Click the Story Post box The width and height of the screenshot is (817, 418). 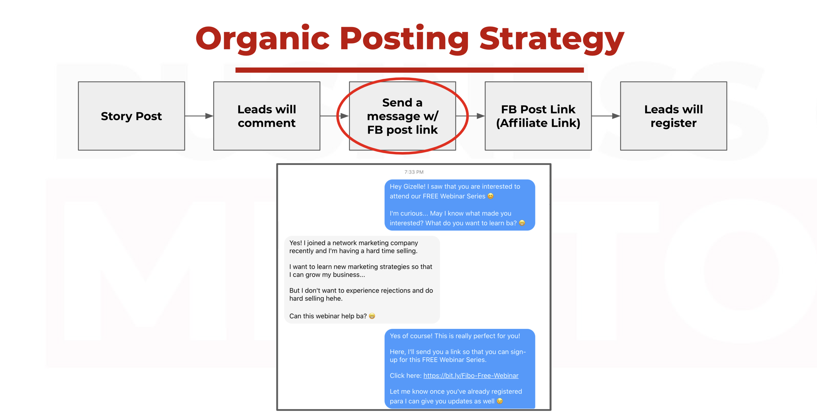(131, 116)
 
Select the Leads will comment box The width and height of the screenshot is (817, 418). (267, 116)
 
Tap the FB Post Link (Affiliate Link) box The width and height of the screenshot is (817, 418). (538, 116)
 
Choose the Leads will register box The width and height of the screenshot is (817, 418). (674, 116)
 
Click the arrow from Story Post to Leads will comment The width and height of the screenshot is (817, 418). (199, 116)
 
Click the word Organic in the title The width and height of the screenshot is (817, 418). (263, 39)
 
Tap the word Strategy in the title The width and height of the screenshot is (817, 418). (552, 39)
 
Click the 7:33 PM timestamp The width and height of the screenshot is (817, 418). (414, 172)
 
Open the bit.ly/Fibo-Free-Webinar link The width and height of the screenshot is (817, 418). (471, 375)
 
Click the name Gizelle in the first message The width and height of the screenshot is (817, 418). (414, 187)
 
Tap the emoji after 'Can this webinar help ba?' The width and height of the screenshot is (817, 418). (372, 316)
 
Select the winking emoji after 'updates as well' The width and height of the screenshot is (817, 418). (500, 401)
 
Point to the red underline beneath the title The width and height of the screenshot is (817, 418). (409, 70)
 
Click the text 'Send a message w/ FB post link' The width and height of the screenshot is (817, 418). (403, 116)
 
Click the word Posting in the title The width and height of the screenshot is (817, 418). (404, 39)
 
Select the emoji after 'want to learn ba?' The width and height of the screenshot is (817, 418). (522, 223)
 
